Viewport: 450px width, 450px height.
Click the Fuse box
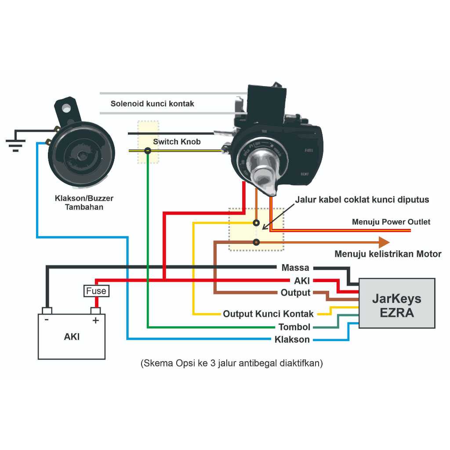click(x=96, y=291)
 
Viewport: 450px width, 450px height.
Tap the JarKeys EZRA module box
click(x=397, y=303)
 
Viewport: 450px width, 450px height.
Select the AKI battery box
click(x=72, y=337)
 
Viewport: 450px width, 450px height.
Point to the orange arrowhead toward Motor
click(x=384, y=242)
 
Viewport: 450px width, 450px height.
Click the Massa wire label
click(x=295, y=268)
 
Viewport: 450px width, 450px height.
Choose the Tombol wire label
click(x=294, y=327)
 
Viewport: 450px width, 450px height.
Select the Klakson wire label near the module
click(x=292, y=340)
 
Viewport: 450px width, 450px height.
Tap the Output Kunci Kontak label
click(x=268, y=314)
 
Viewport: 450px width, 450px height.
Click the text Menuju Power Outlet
click(x=391, y=222)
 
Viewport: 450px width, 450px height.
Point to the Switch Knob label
click(x=177, y=142)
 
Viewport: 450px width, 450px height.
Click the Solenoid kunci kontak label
click(x=152, y=104)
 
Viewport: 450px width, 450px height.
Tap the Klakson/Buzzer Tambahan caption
click(x=84, y=203)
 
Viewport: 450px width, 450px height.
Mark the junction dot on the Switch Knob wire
click(x=148, y=151)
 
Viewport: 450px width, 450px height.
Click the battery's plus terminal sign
click(x=95, y=320)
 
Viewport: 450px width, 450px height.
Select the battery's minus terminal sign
click(x=47, y=320)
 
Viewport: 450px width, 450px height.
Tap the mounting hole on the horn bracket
click(x=66, y=108)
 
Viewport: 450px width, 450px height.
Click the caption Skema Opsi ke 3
click(x=232, y=364)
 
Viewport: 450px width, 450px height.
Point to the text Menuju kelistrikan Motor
click(x=388, y=254)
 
